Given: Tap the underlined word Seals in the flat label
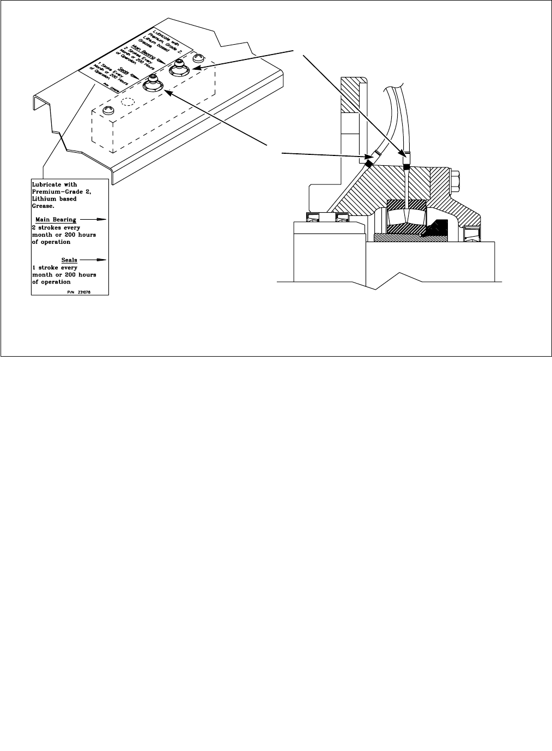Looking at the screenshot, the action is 69,260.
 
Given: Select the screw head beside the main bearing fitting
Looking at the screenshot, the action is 199,57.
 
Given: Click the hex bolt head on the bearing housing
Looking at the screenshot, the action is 456,178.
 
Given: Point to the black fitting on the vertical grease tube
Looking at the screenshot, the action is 405,161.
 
